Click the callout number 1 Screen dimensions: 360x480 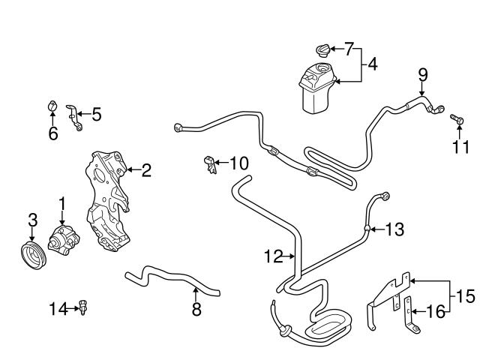point(62,203)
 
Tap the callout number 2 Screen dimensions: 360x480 point(146,171)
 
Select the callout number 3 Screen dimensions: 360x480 point(31,220)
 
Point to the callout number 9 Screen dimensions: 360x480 point(422,73)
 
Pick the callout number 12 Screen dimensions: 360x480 point(273,256)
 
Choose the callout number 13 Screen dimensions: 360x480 point(394,229)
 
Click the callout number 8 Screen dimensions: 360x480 point(196,308)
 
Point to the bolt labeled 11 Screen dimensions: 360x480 point(454,118)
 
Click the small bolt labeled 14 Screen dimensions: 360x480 point(83,307)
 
